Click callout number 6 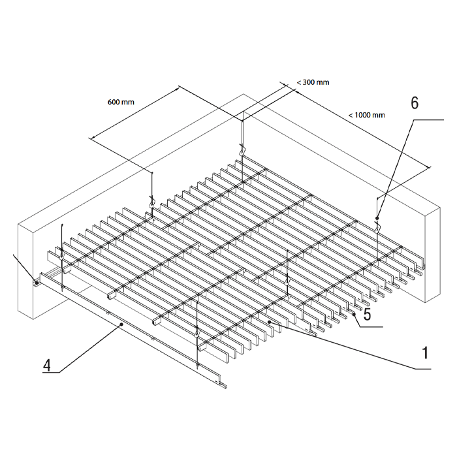pos(414,103)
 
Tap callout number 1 pos(425,353)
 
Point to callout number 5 pos(368,315)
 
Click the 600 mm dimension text pos(121,102)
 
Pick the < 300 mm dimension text pos(313,82)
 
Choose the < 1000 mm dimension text pos(366,115)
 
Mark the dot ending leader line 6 pos(378,218)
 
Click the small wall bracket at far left pos(37,283)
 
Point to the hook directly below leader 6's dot pos(379,227)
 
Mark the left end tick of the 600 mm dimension pos(91,138)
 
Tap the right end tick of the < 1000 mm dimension pos(429,168)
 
